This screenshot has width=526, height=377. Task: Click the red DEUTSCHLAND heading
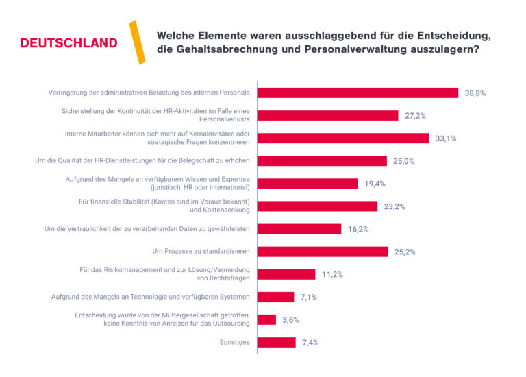[68, 43]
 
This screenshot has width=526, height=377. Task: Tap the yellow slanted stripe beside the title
[137, 42]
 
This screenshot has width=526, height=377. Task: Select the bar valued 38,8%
[358, 93]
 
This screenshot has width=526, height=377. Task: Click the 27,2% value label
[416, 115]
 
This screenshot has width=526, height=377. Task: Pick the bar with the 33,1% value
[343, 138]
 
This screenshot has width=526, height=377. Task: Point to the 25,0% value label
[404, 160]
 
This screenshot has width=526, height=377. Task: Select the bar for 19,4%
[308, 183]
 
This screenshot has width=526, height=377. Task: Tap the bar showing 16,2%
[299, 229]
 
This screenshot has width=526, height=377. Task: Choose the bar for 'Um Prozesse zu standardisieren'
[323, 252]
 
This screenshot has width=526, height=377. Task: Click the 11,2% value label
[331, 274]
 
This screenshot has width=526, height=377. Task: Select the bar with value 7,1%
[275, 297]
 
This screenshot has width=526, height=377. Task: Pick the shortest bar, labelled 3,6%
[266, 319]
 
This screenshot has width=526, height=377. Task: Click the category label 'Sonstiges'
[234, 342]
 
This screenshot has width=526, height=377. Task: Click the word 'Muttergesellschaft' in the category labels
[189, 315]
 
